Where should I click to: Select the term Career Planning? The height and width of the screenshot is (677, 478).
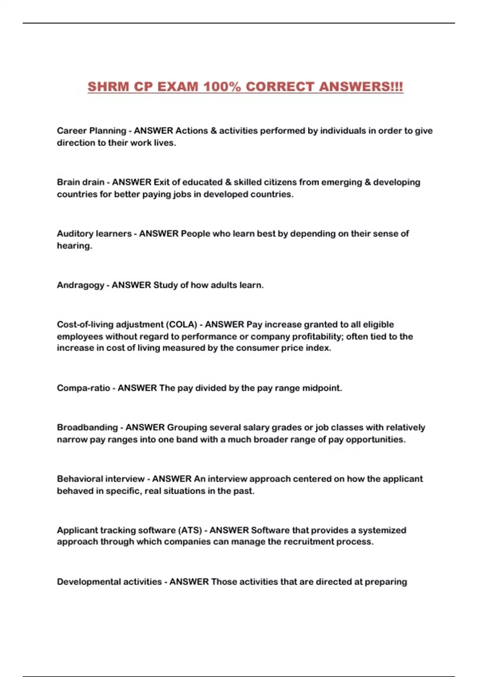[91, 131]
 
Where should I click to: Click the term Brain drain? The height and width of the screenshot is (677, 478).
[80, 182]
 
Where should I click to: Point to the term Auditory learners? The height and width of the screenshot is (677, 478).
[94, 233]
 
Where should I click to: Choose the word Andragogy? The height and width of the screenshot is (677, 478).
[80, 285]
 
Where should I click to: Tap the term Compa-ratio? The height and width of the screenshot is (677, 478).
[83, 388]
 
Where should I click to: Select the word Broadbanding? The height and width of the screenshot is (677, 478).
[87, 427]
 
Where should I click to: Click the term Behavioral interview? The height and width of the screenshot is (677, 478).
[100, 479]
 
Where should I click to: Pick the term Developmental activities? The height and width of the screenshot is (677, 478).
[109, 582]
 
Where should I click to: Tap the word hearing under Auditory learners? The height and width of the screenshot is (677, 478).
[74, 246]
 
